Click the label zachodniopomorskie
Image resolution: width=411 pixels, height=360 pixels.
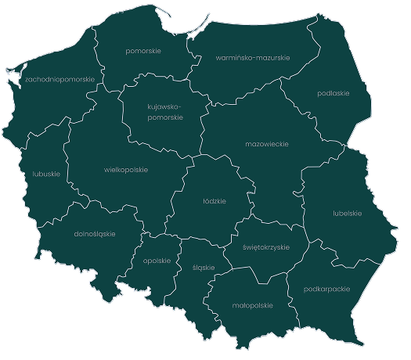59,79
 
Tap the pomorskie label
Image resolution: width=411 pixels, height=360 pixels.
143,51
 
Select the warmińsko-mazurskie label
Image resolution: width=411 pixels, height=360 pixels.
242,57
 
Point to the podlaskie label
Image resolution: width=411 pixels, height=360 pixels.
333,93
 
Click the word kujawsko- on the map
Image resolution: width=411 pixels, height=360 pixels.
164,106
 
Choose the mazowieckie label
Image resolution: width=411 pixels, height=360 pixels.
267,144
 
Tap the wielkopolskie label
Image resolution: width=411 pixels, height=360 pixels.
126,169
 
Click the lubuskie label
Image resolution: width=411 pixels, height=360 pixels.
47,174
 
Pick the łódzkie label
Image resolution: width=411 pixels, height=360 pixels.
214,201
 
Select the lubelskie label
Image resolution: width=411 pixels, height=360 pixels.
347,212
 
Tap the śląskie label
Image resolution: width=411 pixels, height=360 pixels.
203,267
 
